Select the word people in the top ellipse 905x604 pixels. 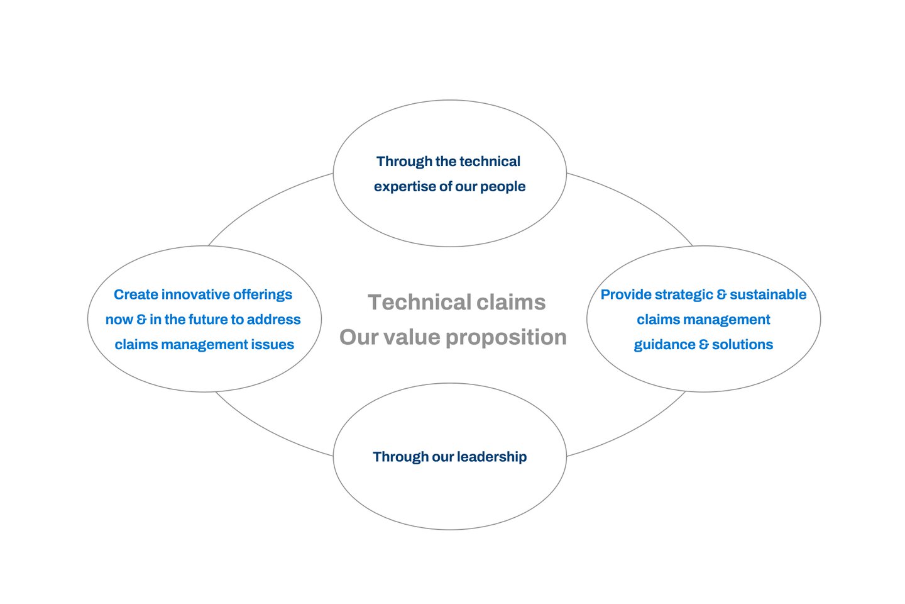tap(503, 187)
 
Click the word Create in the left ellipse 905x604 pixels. tap(136, 294)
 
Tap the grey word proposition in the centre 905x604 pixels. tap(507, 338)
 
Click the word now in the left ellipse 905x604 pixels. tap(119, 320)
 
